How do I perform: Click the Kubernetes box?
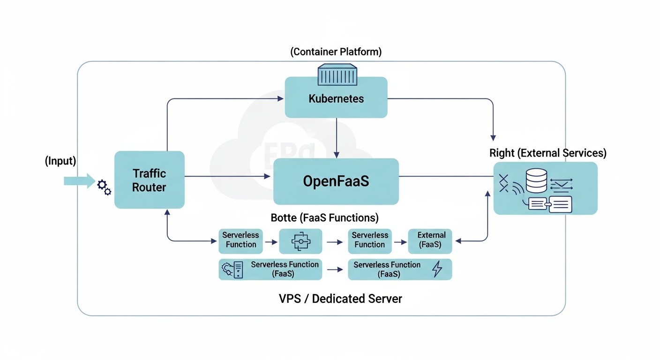tap(336, 98)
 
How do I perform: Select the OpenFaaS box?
tap(336, 181)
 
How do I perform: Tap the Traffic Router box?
tap(149, 180)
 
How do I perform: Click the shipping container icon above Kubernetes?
tap(337, 75)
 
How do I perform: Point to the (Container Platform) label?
tap(336, 52)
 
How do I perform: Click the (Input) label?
tap(60, 161)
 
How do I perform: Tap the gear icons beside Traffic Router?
tap(104, 187)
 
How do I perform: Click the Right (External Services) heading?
tap(547, 153)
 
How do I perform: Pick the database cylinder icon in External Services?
tap(537, 181)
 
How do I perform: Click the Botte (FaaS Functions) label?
tap(324, 218)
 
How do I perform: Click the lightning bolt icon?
tap(437, 269)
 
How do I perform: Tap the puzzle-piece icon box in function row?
tap(300, 241)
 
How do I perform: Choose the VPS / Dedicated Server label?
tap(340, 299)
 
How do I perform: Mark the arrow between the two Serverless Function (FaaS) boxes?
tap(334, 270)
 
